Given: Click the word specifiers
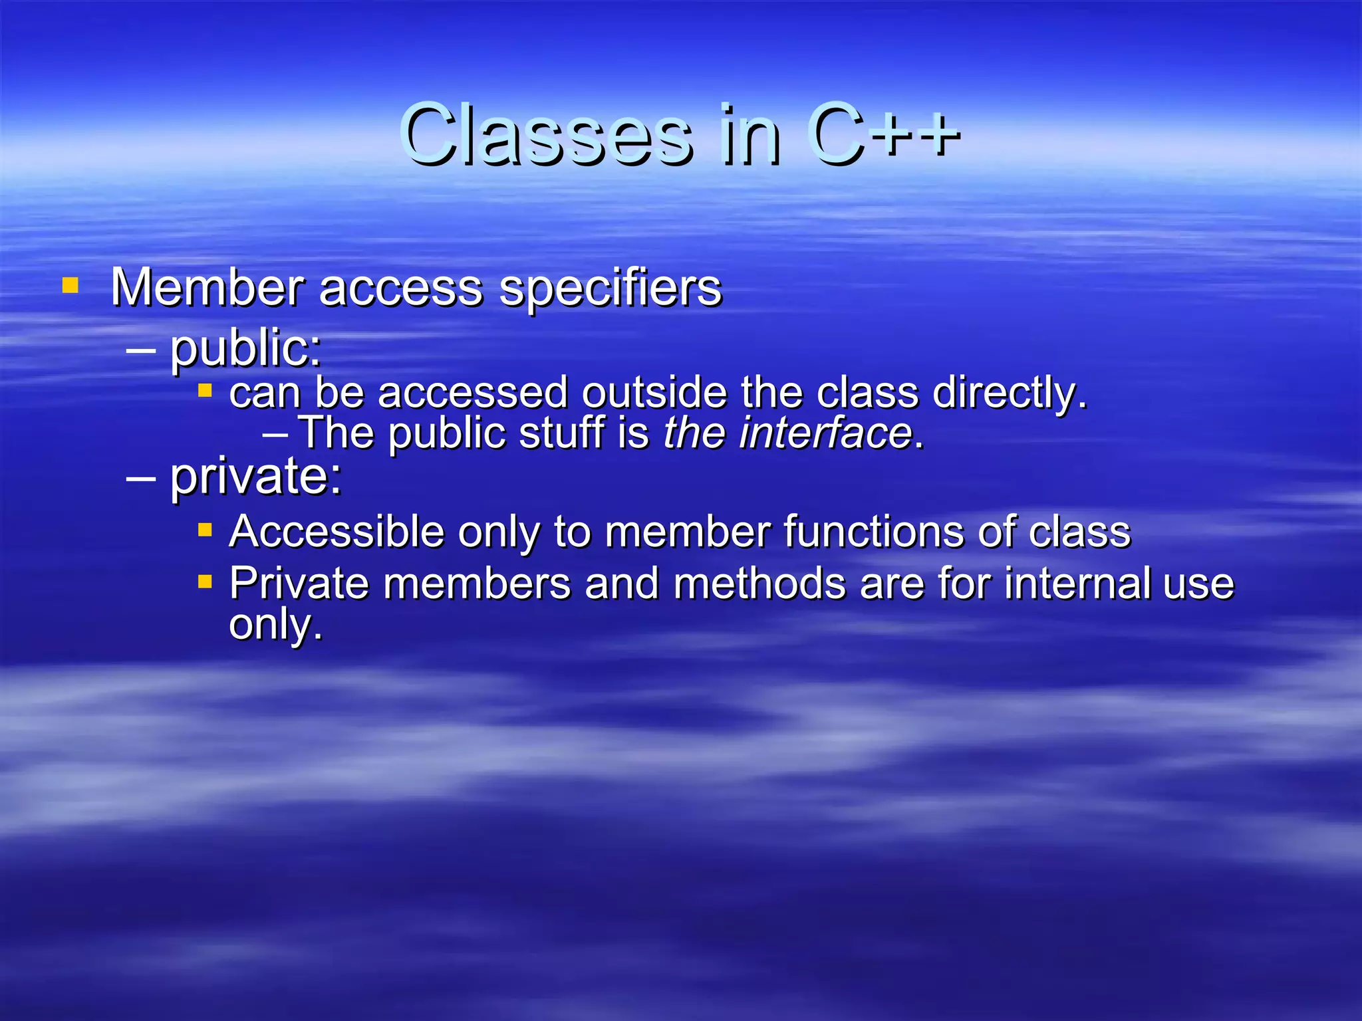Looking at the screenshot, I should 610,288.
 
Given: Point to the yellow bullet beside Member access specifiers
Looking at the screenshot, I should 70,286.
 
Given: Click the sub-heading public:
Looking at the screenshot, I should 245,348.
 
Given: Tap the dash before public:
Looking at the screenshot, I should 141,348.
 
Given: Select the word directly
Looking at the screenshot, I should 1010,394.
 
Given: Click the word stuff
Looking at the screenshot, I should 561,433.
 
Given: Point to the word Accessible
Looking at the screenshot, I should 337,532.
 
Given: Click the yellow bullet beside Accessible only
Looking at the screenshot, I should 205,530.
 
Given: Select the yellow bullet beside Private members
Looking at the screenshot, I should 205,582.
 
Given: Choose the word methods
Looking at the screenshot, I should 759,584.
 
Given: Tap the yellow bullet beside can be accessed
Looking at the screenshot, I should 205,390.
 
